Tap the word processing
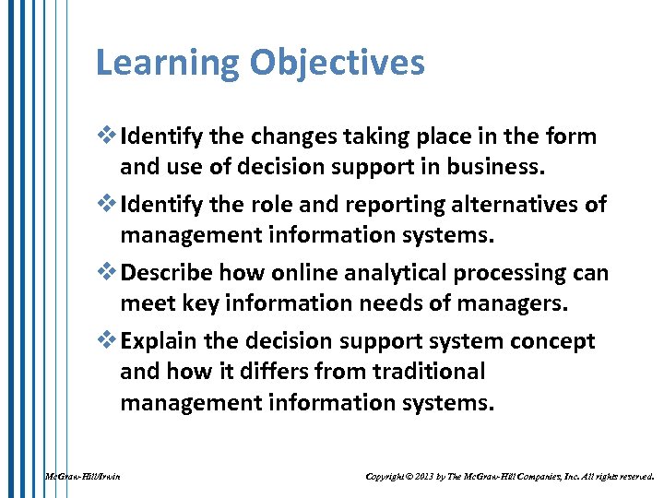[x=513, y=273]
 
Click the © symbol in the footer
[x=410, y=477]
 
